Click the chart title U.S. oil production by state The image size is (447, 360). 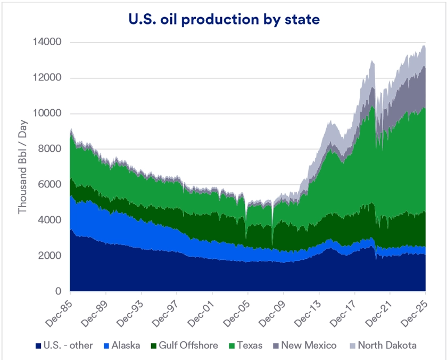(223, 19)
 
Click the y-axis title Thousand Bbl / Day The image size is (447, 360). (22, 167)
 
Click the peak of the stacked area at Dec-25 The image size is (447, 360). (425, 46)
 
